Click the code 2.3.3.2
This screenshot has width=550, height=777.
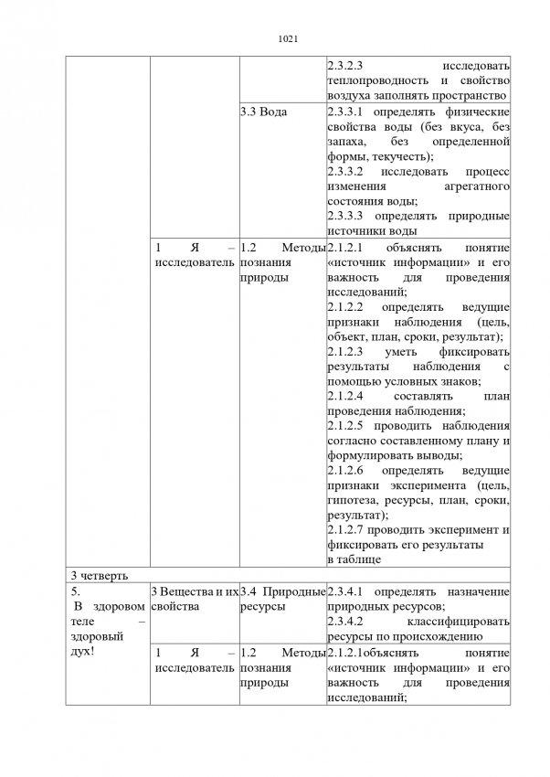coord(346,171)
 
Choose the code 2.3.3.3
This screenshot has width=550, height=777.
coord(346,216)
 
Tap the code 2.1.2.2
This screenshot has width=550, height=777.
coord(346,305)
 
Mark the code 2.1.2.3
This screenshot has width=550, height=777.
coord(346,350)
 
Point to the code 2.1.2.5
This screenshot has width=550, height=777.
coord(346,425)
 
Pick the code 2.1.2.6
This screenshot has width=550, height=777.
coord(346,470)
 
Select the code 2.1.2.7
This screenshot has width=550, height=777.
coord(346,529)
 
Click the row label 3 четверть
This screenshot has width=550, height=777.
coord(100,574)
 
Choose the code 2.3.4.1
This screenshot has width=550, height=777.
coord(346,591)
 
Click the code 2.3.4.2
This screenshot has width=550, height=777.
coord(346,621)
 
